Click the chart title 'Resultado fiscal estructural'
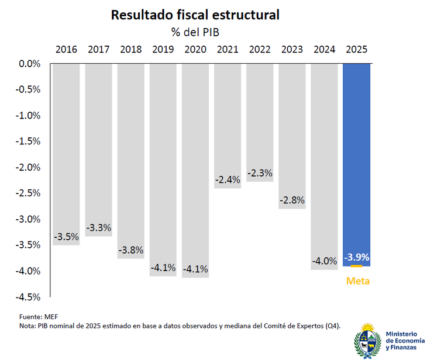(195, 15)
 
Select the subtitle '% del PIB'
(195, 32)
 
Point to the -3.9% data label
(357, 257)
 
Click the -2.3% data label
(260, 174)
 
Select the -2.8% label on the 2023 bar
(292, 200)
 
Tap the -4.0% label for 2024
(324, 261)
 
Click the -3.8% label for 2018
(131, 250)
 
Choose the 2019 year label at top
(163, 50)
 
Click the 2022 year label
(260, 50)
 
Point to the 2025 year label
(357, 50)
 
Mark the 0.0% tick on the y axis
(29, 64)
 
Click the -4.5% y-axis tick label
(27, 297)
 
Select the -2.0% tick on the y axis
(27, 167)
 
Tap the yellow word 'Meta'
(358, 281)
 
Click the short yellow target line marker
(357, 266)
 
